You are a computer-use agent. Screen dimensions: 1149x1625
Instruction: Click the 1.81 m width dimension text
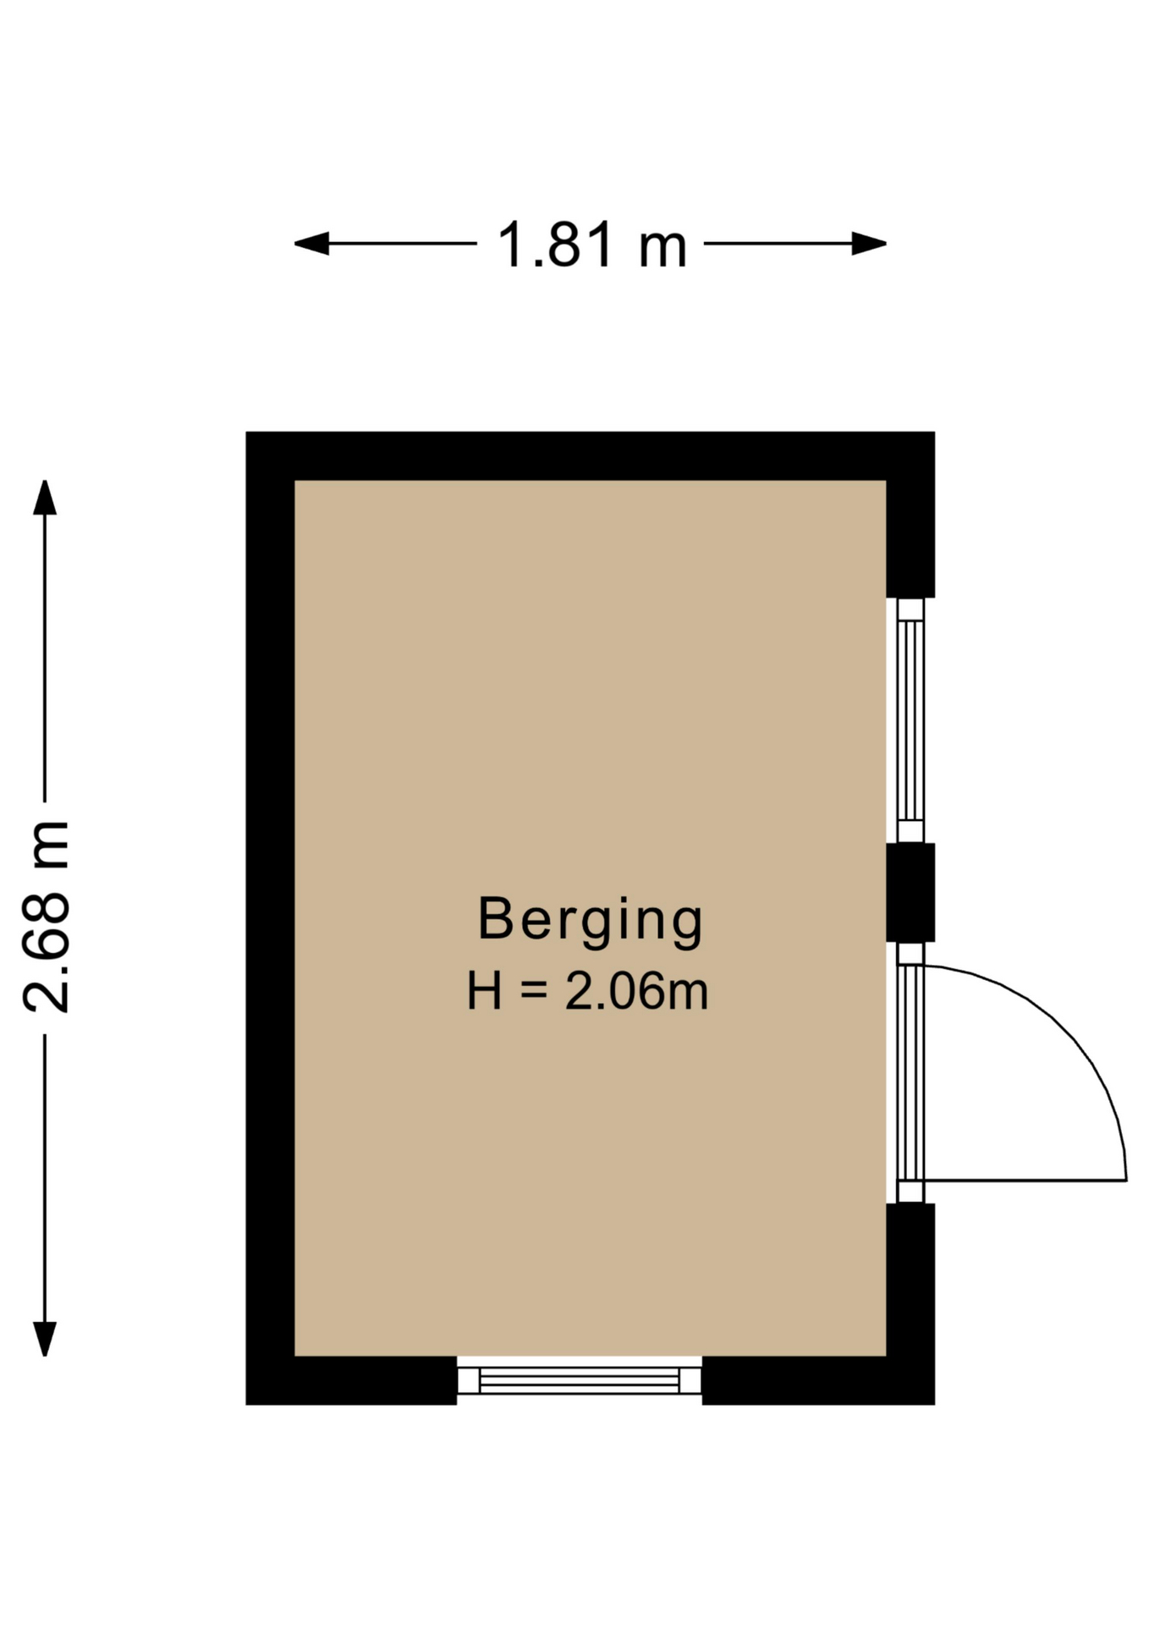[x=591, y=245]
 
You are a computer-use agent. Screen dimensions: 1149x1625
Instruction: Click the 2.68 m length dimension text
[x=46, y=917]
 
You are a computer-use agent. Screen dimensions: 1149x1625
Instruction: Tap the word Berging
[x=591, y=921]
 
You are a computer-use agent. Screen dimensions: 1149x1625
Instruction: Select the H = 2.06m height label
[x=588, y=992]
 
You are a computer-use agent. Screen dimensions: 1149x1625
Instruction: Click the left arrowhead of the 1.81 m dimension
[x=311, y=244]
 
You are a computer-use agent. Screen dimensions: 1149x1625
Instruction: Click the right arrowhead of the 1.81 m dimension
[x=869, y=244]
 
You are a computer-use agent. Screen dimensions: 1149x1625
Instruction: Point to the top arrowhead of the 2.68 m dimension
[x=45, y=498]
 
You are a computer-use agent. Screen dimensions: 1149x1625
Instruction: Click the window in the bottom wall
[x=580, y=1380]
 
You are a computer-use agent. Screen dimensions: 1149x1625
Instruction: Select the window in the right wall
[x=910, y=720]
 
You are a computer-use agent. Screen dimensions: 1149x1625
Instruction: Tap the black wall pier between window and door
[x=910, y=892]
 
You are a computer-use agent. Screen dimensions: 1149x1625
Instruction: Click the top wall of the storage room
[x=591, y=456]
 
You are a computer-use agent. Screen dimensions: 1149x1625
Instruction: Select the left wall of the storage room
[x=271, y=918]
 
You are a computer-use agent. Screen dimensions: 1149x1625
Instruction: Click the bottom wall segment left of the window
[x=352, y=1380]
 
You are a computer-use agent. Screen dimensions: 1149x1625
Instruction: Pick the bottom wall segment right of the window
[x=818, y=1380]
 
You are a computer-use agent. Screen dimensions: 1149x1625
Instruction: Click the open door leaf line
[x=1025, y=1180]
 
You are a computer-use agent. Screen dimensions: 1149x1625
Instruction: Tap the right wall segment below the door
[x=910, y=1303]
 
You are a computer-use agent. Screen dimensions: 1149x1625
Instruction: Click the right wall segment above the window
[x=910, y=515]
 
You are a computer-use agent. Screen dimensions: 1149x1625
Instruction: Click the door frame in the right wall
[x=910, y=1072]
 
